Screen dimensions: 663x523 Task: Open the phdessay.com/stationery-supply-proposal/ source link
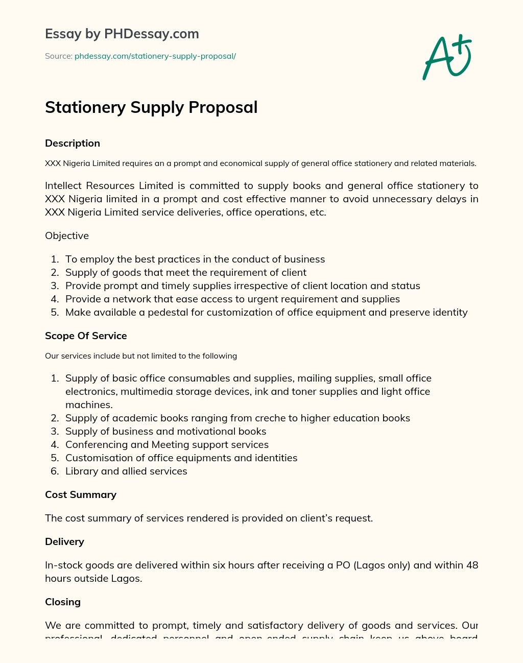155,56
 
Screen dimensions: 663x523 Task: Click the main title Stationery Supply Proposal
151,107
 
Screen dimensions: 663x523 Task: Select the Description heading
73,144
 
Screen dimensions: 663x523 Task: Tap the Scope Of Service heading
86,336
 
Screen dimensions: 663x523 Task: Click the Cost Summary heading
81,495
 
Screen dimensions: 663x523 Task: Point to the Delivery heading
64,542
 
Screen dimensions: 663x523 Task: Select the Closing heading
63,602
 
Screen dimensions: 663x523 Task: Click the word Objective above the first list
67,236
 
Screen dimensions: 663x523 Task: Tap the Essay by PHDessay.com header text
122,34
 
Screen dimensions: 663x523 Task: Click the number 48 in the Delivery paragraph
472,565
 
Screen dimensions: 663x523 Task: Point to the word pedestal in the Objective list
168,313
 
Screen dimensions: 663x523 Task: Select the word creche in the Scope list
268,418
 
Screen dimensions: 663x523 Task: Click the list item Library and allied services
126,471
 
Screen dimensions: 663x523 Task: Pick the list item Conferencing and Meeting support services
167,445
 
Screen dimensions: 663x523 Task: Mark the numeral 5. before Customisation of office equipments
55,458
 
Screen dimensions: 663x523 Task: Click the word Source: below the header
58,56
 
